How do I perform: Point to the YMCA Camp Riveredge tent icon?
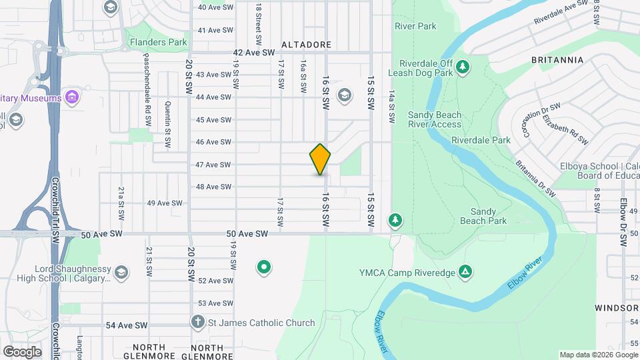pos(465,271)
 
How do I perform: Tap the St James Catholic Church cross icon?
pos(197,323)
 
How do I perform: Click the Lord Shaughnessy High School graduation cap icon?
pos(121,272)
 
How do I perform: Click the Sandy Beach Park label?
pos(483,216)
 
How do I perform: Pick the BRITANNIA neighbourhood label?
pos(557,60)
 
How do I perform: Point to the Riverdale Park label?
pos(480,141)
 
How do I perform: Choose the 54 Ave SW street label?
pos(127,325)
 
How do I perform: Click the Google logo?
pos(22,351)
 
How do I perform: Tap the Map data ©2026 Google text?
pos(597,355)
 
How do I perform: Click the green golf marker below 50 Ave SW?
pos(264,268)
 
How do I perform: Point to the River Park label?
pos(415,27)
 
